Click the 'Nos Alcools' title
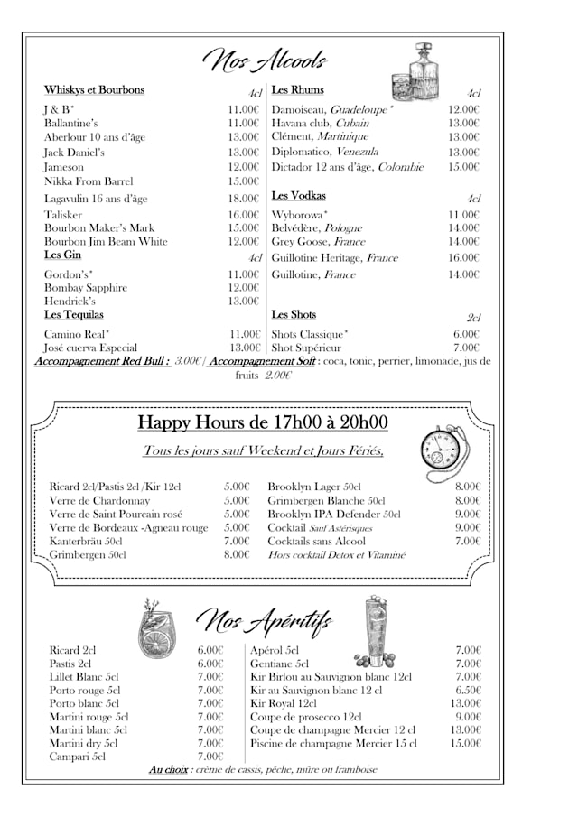(x=264, y=60)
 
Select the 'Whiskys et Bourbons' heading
(x=94, y=90)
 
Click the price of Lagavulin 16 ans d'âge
(x=243, y=199)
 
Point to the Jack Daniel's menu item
(x=76, y=153)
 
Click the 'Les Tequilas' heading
(x=74, y=314)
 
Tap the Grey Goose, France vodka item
(x=318, y=242)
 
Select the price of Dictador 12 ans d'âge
(x=463, y=167)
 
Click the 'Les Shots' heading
(x=294, y=314)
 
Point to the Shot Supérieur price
(x=466, y=348)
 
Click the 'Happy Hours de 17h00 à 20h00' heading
(x=262, y=422)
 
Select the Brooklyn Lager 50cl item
(x=314, y=487)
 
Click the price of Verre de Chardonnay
(x=237, y=500)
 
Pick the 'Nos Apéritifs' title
(x=264, y=621)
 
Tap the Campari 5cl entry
(x=77, y=757)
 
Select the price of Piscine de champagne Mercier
(x=467, y=743)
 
